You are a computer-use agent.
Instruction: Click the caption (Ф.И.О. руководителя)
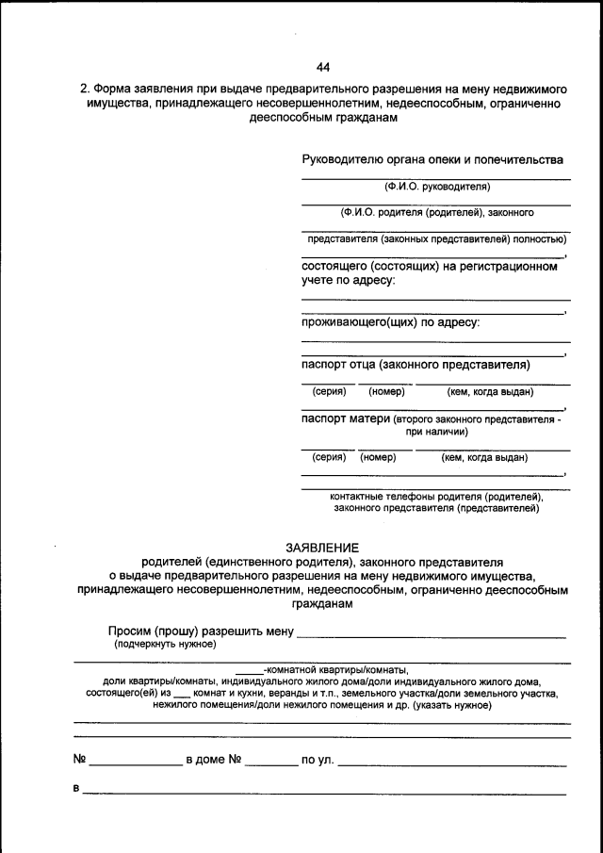point(436,187)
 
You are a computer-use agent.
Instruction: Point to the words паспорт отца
point(339,365)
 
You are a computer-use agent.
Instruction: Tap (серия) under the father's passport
point(329,391)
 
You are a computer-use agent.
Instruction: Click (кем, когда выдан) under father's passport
point(490,391)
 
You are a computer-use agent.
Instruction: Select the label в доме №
point(215,759)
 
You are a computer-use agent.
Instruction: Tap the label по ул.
point(317,759)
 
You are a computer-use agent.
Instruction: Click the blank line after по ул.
point(451,762)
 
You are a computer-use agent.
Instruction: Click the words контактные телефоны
point(376,496)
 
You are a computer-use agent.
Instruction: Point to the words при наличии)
point(437,432)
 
